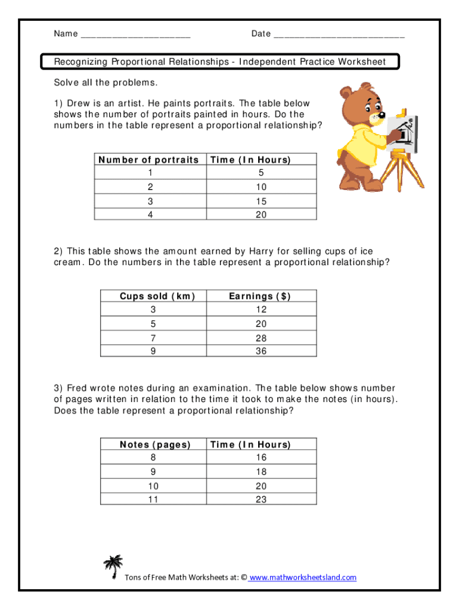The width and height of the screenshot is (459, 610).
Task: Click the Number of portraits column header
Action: point(148,160)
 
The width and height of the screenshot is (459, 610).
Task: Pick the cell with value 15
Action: point(261,201)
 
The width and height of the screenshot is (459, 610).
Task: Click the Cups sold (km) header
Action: point(157,296)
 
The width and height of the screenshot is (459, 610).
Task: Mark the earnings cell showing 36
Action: point(261,351)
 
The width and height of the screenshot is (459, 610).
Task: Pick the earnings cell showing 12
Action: point(261,310)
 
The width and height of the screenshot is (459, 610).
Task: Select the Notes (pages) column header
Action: point(155,444)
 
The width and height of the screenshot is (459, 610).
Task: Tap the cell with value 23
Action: point(261,500)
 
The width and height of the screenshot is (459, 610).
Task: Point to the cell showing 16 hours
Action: point(261,457)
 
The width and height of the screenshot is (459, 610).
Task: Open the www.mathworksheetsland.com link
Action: point(303,577)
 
